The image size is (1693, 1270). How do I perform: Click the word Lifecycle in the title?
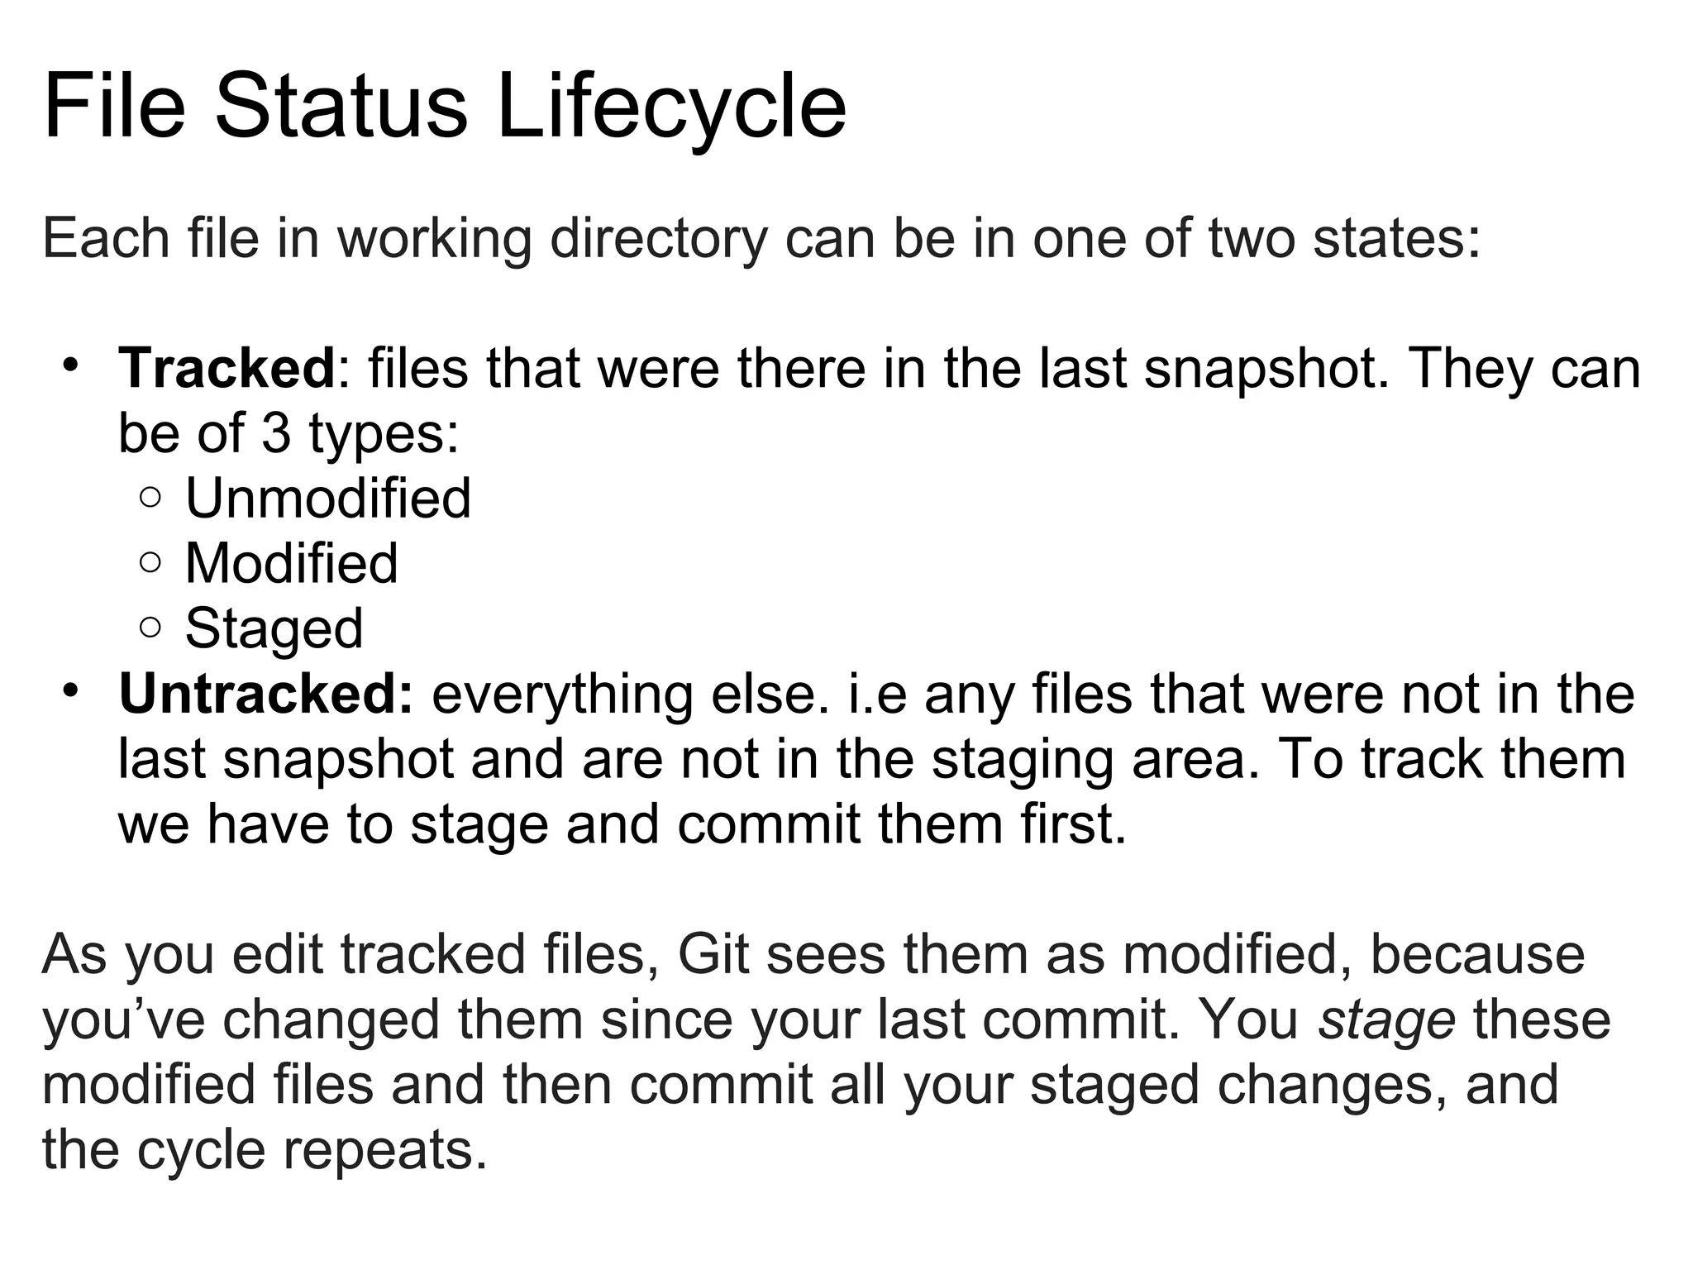coord(671,107)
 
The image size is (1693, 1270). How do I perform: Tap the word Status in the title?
coord(341,107)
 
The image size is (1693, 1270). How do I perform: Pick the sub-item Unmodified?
coord(328,499)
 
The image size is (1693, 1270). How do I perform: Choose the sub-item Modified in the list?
coord(291,564)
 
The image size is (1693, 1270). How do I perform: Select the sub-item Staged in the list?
coord(274,629)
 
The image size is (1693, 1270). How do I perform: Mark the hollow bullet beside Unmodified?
coord(150,498)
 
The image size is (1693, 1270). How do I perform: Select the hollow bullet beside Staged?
coord(150,628)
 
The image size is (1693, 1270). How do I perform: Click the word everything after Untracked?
coord(561,695)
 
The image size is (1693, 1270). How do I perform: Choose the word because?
coord(1477,955)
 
